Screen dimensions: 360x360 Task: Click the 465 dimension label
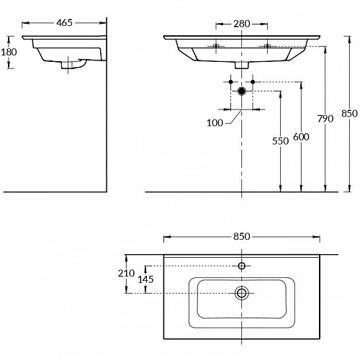click(64, 23)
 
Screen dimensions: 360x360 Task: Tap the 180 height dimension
click(9, 52)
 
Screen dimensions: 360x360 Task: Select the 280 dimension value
click(242, 24)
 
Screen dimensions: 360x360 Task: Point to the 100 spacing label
click(215, 123)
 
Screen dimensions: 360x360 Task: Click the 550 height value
click(280, 141)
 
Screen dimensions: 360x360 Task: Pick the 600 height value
click(301, 137)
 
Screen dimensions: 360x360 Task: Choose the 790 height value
click(325, 119)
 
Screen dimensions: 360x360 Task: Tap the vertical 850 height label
click(349, 114)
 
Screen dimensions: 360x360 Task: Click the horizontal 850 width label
click(242, 237)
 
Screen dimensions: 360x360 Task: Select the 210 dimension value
click(126, 273)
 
